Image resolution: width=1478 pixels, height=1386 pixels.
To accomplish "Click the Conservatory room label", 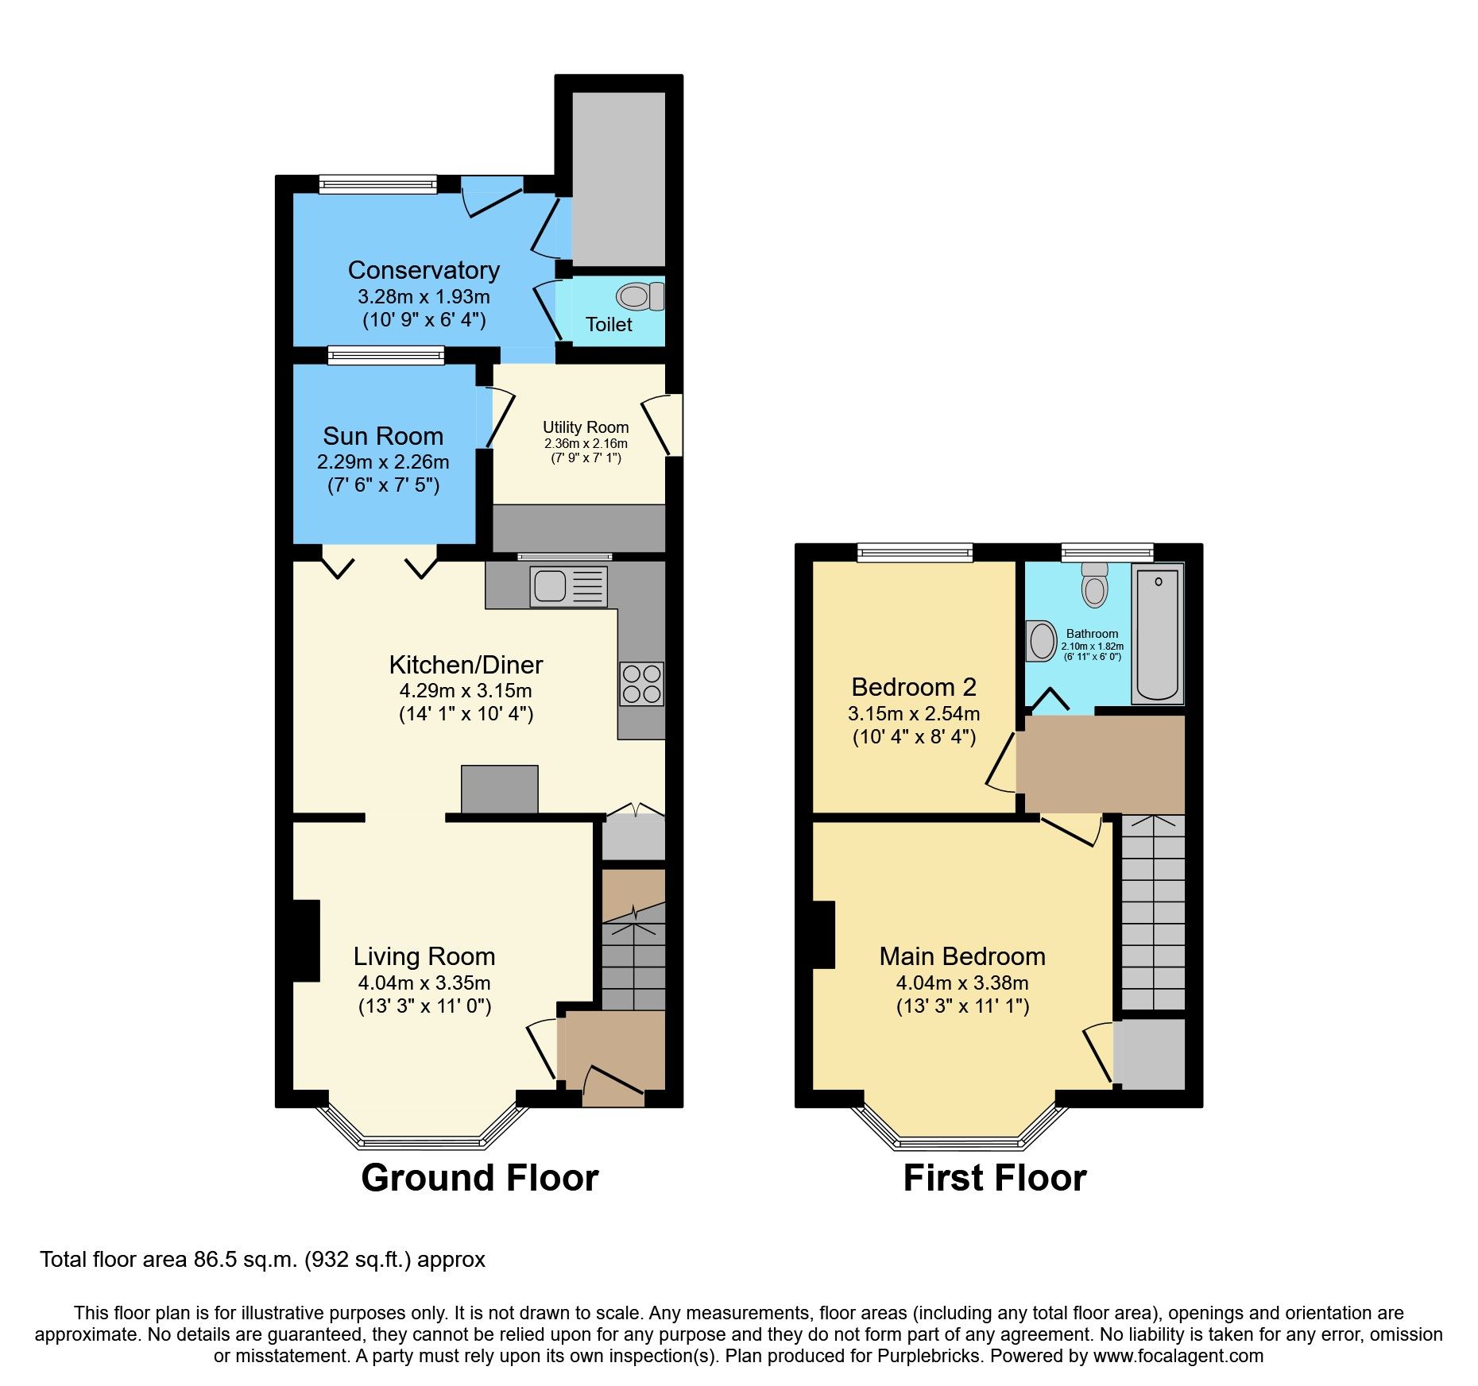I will pos(424,270).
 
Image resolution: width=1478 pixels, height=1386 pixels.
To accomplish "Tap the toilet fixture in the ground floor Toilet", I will pos(638,296).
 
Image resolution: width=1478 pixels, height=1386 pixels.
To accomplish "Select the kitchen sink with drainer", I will pos(568,587).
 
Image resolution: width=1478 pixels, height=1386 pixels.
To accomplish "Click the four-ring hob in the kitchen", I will pos(641,684).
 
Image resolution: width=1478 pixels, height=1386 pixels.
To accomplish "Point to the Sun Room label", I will pos(383,436).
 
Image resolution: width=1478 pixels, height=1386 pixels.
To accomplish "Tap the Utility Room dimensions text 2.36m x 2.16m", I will pos(586,443).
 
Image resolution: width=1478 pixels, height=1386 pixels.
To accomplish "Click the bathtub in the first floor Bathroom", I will pos(1157,633).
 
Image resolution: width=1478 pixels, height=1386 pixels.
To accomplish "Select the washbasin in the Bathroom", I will pos(1041,640).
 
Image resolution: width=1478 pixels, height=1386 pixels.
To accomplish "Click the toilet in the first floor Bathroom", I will pos(1095,585).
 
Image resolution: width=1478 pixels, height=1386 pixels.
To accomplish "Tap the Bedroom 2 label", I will pos(914,687).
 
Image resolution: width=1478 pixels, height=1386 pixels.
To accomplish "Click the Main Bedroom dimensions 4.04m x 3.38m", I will pos(962,983).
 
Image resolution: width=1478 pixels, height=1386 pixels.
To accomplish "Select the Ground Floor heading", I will pos(479,1178).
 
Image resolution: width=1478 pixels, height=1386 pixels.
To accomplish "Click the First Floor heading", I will pos(994,1178).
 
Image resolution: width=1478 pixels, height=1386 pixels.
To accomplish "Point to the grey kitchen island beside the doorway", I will pos(499,789).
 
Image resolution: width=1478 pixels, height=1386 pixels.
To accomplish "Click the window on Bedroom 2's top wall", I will pos(915,552).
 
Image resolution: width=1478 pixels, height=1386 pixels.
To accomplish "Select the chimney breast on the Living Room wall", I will pos(307,940).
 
